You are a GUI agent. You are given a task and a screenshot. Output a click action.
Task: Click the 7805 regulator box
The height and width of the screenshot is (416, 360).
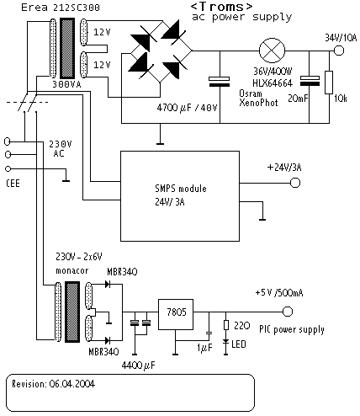[176, 314]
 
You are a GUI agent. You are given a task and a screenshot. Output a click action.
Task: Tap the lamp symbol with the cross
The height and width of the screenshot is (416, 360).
[272, 51]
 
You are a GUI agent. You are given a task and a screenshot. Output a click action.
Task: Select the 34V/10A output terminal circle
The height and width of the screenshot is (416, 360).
[339, 51]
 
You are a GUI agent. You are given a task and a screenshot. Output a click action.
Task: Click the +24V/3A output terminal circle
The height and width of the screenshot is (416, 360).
[295, 183]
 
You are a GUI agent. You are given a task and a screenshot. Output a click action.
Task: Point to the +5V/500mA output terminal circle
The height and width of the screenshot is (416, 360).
[288, 312]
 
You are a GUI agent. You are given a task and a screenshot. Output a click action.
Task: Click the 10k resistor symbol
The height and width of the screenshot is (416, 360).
[329, 83]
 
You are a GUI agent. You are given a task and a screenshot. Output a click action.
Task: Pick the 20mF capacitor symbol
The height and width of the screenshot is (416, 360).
[310, 81]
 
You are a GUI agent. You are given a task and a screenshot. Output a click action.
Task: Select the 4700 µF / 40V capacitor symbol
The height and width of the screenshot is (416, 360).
[220, 82]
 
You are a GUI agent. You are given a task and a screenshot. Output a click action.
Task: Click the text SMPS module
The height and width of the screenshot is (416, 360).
[181, 189]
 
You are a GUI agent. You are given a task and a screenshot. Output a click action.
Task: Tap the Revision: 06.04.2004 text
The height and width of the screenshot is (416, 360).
[53, 384]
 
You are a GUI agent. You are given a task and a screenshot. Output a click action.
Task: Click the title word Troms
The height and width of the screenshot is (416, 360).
[221, 6]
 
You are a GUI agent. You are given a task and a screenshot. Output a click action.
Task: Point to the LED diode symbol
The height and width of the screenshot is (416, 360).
[225, 343]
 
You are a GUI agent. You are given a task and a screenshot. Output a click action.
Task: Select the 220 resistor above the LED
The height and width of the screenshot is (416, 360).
[226, 325]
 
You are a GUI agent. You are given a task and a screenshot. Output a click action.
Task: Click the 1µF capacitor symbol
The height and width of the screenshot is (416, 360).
[209, 333]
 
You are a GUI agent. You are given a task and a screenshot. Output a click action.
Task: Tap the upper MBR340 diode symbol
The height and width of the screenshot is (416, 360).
[108, 284]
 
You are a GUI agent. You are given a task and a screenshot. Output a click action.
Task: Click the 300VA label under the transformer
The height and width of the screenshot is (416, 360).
[66, 84]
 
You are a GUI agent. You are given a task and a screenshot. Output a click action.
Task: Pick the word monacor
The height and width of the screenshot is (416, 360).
[72, 271]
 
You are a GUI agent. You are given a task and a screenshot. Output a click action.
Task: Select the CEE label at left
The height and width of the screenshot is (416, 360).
[13, 184]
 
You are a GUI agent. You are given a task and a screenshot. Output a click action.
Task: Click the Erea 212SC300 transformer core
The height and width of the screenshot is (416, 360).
[67, 48]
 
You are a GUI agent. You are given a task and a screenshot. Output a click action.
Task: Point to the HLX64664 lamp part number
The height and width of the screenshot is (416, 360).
[273, 83]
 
